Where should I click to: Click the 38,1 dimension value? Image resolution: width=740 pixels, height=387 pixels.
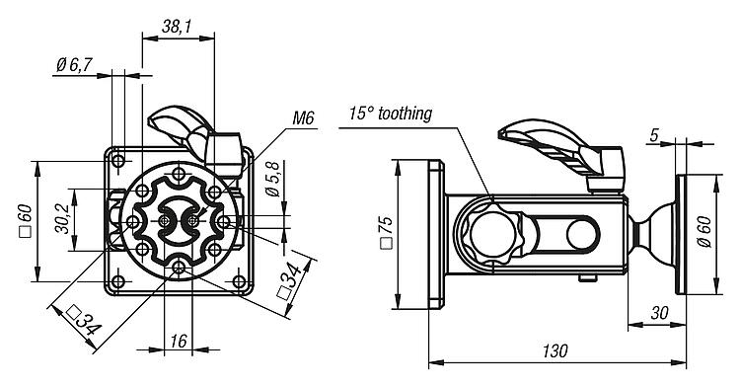click(x=177, y=27)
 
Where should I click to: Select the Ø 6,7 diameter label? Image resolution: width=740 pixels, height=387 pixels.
click(x=74, y=64)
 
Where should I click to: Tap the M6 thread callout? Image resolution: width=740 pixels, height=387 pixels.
click(x=303, y=118)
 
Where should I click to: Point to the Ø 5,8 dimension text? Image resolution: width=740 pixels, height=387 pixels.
click(x=273, y=179)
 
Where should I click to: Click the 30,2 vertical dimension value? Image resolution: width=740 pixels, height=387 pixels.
click(x=63, y=219)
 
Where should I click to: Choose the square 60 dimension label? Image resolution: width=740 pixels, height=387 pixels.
click(x=25, y=220)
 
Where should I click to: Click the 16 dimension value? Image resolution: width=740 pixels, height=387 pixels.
click(x=179, y=341)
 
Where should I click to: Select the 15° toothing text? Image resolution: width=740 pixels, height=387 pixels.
click(x=391, y=114)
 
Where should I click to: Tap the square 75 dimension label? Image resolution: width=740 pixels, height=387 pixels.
click(x=386, y=232)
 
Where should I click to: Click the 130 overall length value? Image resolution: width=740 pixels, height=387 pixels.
click(x=555, y=351)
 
